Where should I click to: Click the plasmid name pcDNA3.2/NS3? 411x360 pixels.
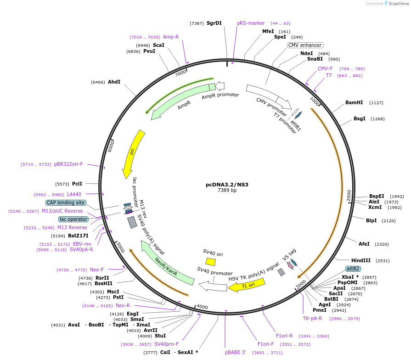point(227,185)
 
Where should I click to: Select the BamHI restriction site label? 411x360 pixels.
point(354,103)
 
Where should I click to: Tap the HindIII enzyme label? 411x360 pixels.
point(361,260)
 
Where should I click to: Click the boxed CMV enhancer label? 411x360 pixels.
point(305,45)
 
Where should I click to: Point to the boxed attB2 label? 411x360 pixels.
point(353,269)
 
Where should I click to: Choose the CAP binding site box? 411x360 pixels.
point(66,202)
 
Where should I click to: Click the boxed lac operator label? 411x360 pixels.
point(73,219)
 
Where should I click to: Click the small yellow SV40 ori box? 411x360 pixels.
point(210,262)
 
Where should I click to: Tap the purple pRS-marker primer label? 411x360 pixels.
point(251,23)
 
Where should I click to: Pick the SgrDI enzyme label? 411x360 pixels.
point(214,23)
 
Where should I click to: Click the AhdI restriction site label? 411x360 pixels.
point(114,82)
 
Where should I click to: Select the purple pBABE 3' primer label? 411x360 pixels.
point(236,353)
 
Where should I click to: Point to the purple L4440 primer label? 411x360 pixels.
point(74,194)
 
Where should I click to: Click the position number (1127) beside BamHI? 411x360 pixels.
point(376,103)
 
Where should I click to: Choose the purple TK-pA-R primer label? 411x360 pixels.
point(312,318)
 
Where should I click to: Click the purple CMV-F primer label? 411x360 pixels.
point(325,68)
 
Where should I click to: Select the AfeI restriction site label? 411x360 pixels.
point(364,244)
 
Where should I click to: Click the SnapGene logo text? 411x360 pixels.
point(398,4)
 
